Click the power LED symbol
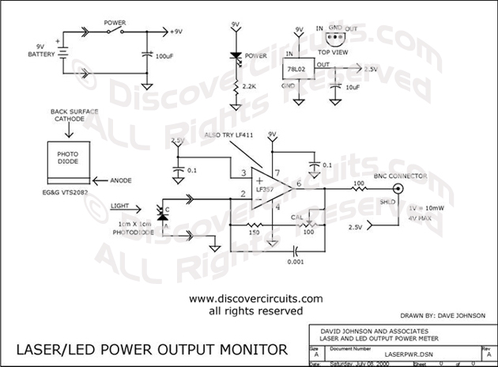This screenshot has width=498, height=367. tap(235, 56)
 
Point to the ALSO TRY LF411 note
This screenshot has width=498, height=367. tap(228, 137)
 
